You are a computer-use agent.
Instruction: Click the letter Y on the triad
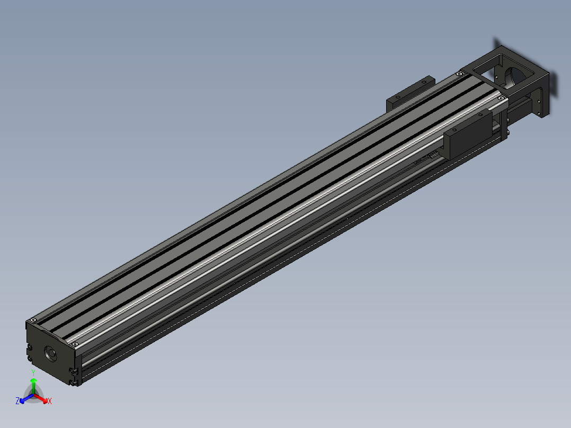pos(33,373)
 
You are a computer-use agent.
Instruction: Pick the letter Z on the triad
pos(17,401)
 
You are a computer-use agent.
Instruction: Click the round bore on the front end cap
pos(51,353)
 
